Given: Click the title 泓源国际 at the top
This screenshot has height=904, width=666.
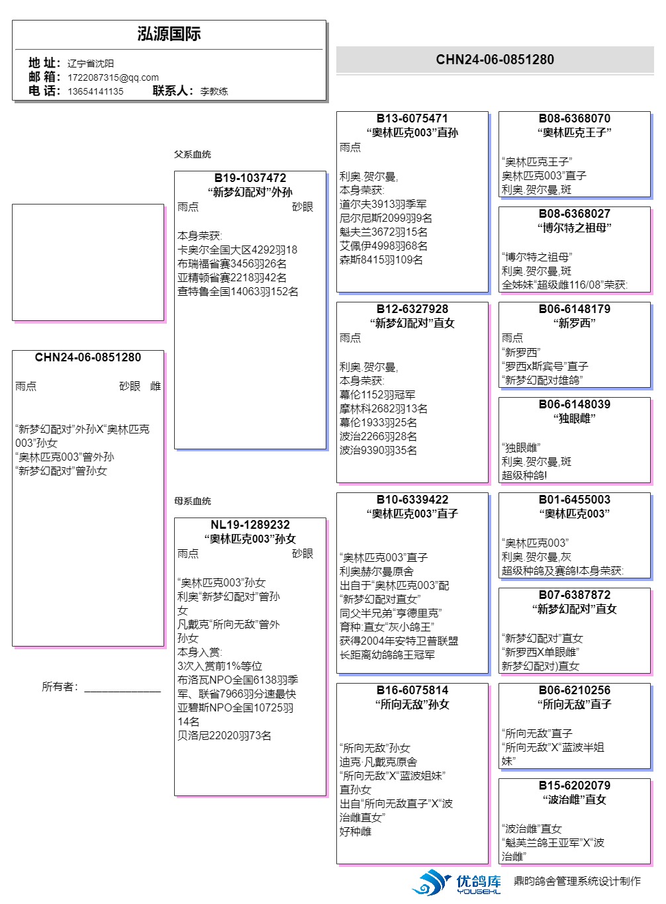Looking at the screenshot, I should (169, 34).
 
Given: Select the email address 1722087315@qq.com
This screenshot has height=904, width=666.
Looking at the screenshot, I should (113, 77).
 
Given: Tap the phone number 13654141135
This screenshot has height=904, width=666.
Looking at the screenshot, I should (95, 91).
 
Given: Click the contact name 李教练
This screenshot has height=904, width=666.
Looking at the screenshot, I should (214, 91).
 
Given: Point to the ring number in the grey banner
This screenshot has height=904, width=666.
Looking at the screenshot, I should (495, 60).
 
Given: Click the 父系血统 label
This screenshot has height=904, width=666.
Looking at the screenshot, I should (193, 154).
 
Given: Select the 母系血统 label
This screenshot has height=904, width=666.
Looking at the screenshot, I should (193, 501).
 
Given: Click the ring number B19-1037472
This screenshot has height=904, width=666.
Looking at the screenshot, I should (250, 178).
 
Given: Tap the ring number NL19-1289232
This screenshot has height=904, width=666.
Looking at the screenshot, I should (250, 525).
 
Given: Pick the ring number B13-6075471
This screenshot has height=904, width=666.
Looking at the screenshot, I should (412, 118).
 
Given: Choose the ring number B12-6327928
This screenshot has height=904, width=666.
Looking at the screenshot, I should (412, 309).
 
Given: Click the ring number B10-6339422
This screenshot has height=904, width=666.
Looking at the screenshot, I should (412, 500).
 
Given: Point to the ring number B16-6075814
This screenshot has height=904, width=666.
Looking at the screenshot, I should (412, 690).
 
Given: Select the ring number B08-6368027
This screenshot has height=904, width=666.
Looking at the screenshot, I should (574, 214).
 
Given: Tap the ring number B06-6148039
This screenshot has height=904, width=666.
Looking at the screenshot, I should (574, 404).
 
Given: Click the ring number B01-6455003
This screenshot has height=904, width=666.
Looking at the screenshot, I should (574, 500).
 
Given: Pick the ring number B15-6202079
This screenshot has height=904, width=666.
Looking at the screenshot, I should (574, 786).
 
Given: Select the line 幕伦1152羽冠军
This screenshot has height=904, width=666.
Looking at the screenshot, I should (377, 395).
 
